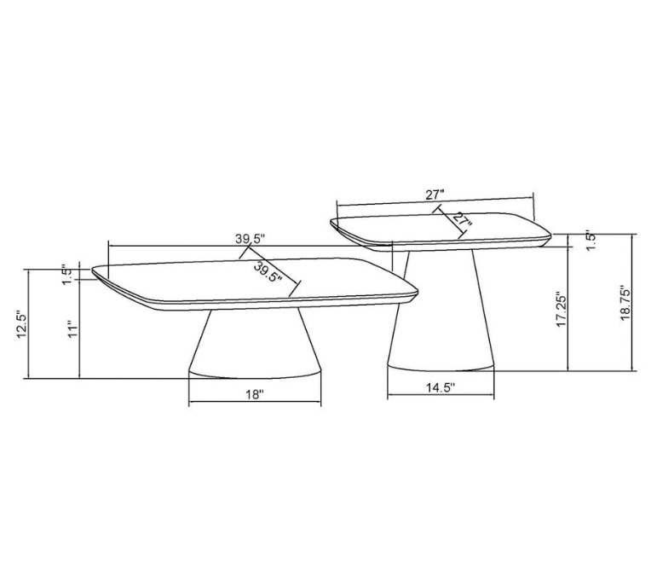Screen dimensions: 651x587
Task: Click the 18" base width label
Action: tap(255, 394)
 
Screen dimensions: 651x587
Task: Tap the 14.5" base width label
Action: tap(441, 387)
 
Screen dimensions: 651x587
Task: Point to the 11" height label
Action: tap(73, 329)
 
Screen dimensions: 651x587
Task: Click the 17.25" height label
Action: tap(562, 309)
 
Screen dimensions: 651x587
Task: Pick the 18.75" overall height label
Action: tap(625, 302)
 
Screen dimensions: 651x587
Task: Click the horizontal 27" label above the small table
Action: tap(435, 195)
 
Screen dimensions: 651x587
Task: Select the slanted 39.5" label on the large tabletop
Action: tap(268, 271)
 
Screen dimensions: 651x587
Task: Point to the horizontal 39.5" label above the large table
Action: tap(250, 239)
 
